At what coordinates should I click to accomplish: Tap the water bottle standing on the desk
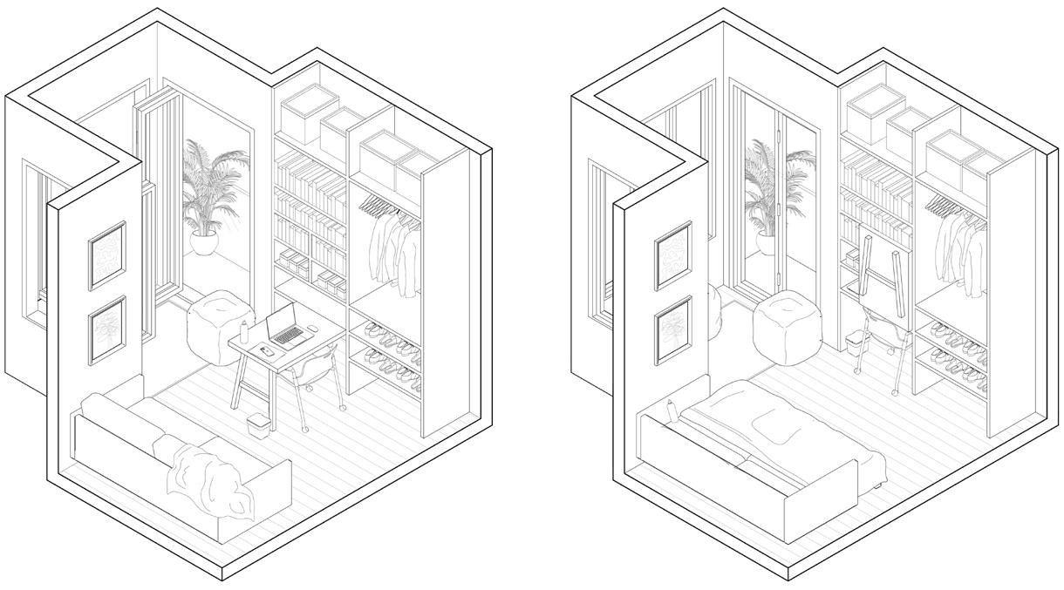[x=244, y=331]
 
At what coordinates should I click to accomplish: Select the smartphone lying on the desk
[x=268, y=351]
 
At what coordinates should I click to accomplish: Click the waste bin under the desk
[x=257, y=425]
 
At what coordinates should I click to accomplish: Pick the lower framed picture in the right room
[x=673, y=329]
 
